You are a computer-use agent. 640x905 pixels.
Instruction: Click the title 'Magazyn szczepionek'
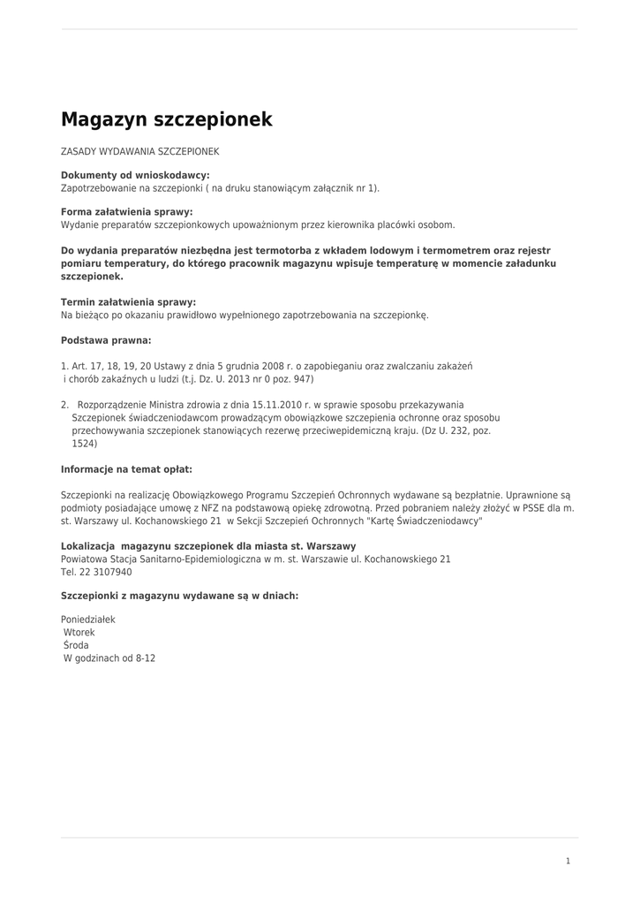pyautogui.click(x=166, y=119)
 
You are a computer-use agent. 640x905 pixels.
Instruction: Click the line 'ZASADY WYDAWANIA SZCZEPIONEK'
pyautogui.click(x=139, y=152)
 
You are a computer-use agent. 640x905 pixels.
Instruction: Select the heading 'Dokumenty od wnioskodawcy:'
pyautogui.click(x=135, y=175)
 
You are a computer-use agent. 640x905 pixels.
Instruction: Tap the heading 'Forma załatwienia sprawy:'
pyautogui.click(x=126, y=212)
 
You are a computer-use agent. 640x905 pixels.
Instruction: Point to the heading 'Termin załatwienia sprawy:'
pyautogui.click(x=128, y=302)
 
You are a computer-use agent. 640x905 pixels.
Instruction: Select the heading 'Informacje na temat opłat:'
pyautogui.click(x=126, y=469)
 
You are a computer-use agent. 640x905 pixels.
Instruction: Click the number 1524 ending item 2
pyautogui.click(x=85, y=444)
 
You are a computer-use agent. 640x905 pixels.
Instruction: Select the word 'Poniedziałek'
pyautogui.click(x=88, y=620)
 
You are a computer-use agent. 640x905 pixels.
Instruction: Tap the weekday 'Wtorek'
pyautogui.click(x=79, y=633)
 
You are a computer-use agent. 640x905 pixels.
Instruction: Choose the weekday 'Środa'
pyautogui.click(x=76, y=645)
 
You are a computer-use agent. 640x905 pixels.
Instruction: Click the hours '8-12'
pyautogui.click(x=146, y=658)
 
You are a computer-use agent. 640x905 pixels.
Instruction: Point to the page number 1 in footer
pyautogui.click(x=568, y=861)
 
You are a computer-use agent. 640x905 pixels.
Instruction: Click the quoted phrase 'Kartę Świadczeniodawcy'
pyautogui.click(x=425, y=521)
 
